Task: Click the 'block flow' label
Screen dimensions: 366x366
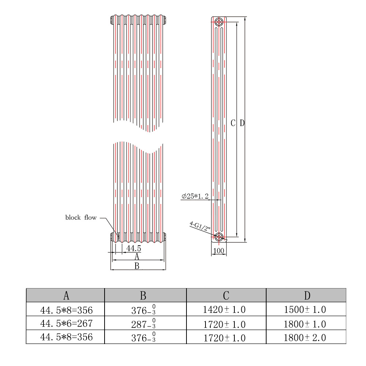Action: pyautogui.click(x=81, y=218)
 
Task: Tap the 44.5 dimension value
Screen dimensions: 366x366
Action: pyautogui.click(x=134, y=248)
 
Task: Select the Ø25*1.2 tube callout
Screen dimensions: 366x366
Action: pyautogui.click(x=195, y=196)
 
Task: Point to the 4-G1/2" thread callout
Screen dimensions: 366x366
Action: pyautogui.click(x=200, y=226)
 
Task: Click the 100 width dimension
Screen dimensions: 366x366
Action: pyautogui.click(x=219, y=251)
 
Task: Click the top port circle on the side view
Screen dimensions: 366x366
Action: pyautogui.click(x=219, y=22)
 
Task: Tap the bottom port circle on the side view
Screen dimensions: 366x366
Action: pyautogui.click(x=219, y=237)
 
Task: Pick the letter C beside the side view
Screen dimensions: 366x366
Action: pyautogui.click(x=233, y=123)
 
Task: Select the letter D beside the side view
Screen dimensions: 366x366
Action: pyautogui.click(x=242, y=123)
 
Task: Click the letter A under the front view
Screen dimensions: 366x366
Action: pyautogui.click(x=137, y=257)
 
